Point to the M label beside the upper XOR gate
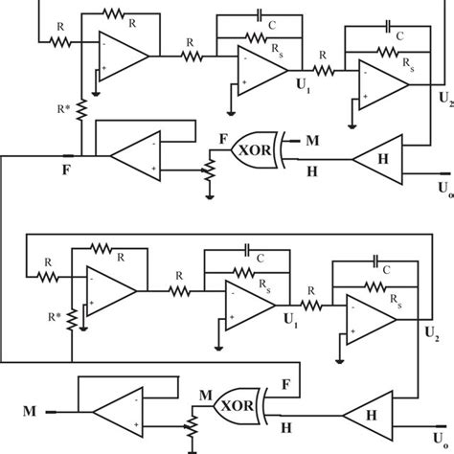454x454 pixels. pos(313,142)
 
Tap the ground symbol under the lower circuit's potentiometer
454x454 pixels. pos(193,446)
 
